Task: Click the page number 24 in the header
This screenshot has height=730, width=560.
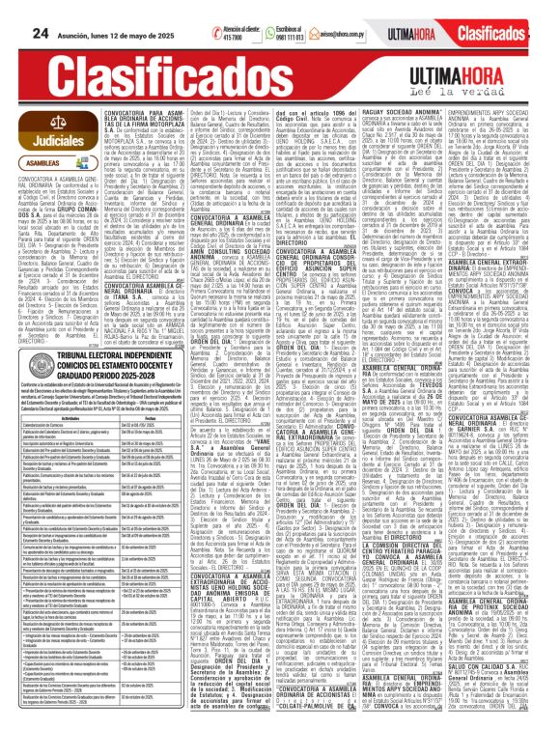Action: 14,12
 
